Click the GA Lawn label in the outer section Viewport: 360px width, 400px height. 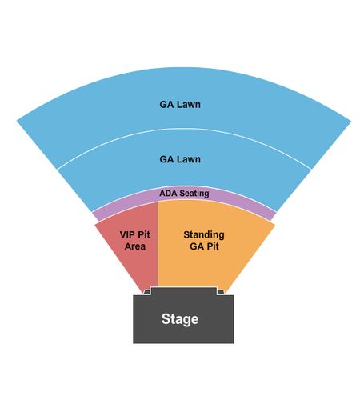pyautogui.click(x=180, y=104)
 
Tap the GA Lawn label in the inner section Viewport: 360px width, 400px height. pyautogui.click(x=180, y=159)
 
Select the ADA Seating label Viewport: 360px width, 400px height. pyautogui.click(x=184, y=193)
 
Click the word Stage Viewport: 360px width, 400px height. pyautogui.click(x=180, y=319)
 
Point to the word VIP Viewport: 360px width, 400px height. pyautogui.click(x=127, y=234)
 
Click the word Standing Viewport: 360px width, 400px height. pyautogui.click(x=204, y=235)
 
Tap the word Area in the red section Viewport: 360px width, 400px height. pyautogui.click(x=135, y=246)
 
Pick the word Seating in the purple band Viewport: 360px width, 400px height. pyautogui.click(x=194, y=194)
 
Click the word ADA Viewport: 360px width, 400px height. pyautogui.click(x=168, y=193)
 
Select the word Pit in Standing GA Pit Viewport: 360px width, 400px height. pyautogui.click(x=213, y=246)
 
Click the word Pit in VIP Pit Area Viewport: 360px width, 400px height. pyautogui.click(x=144, y=234)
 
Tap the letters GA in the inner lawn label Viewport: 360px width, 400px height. pyautogui.click(x=166, y=159)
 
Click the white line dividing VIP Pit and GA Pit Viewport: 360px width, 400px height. pyautogui.click(x=158, y=244)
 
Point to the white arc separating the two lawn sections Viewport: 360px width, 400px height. pyautogui.click(x=184, y=129)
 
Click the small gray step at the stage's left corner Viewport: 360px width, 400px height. pyautogui.click(x=147, y=293)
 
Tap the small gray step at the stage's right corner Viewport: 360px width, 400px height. pyautogui.click(x=221, y=293)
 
